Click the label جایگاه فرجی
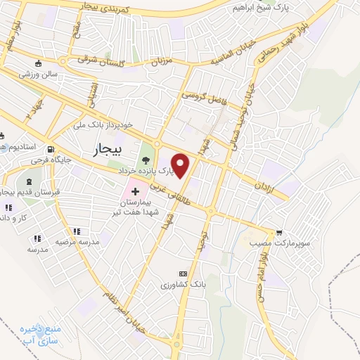[x=46, y=161]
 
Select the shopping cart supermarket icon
[x=280, y=232]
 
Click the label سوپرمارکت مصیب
[x=270, y=243]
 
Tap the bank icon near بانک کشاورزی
[x=183, y=274]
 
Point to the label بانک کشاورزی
[x=181, y=285]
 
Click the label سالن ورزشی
[x=41, y=73]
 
